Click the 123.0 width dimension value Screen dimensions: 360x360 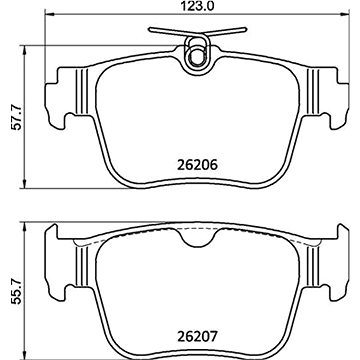pos(197,6)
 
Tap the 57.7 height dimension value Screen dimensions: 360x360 pos(17,117)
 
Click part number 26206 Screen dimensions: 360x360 pos(197,165)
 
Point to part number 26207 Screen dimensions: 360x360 pos(197,336)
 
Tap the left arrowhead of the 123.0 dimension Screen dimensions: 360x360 pos(49,14)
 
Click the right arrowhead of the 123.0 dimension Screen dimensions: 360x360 pos(345,14)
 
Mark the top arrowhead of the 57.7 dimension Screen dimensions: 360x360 pos(24,51)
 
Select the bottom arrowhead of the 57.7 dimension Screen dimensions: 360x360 pos(24,184)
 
